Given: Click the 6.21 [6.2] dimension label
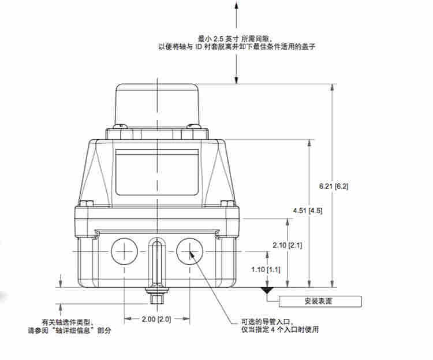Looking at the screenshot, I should pyautogui.click(x=333, y=186).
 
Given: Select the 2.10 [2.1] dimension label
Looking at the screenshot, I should pyautogui.click(x=287, y=245).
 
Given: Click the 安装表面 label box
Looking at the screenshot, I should pyautogui.click(x=320, y=301).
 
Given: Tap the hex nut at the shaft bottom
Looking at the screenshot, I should pyautogui.click(x=156, y=299).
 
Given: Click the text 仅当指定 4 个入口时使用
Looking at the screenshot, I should pyautogui.click(x=280, y=330).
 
